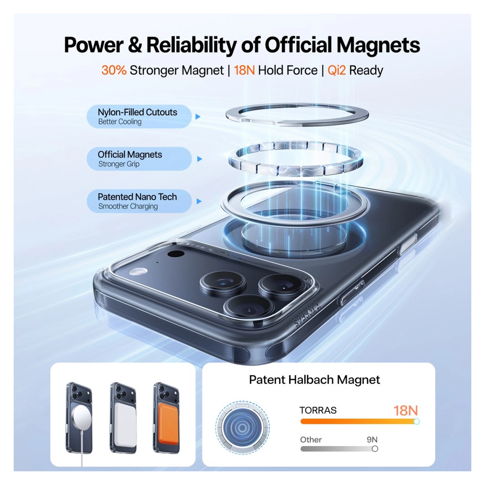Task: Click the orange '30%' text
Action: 114,70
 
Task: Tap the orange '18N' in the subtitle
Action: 244,70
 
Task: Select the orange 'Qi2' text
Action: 337,70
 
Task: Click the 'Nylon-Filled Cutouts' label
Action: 137,112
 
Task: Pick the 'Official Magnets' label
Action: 130,155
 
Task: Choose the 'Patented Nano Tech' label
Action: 137,197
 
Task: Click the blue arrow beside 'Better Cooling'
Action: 198,117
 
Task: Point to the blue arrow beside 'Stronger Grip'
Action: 199,159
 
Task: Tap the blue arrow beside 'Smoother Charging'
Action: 199,201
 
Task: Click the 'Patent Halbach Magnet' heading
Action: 314,380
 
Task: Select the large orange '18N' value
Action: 405,411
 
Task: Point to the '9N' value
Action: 372,440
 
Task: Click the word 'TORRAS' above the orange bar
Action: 318,410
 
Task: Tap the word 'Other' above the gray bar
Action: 311,440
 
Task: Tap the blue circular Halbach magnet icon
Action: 242,427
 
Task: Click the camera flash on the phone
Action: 138,272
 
